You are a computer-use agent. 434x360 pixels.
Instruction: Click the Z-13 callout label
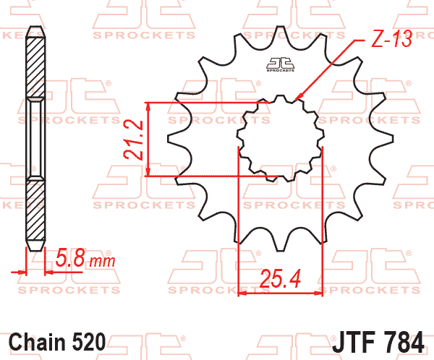point(391,38)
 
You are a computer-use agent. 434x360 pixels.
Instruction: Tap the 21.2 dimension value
point(133,140)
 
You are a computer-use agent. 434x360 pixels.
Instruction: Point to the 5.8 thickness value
point(70,258)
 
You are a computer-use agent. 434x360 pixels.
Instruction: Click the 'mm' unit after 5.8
point(102,262)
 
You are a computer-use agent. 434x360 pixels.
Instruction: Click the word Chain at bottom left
point(38,342)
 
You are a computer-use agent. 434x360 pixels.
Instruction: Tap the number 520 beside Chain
point(89,342)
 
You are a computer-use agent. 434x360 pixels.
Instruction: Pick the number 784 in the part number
point(404,342)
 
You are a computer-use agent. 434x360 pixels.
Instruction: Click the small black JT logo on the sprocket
point(280,64)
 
